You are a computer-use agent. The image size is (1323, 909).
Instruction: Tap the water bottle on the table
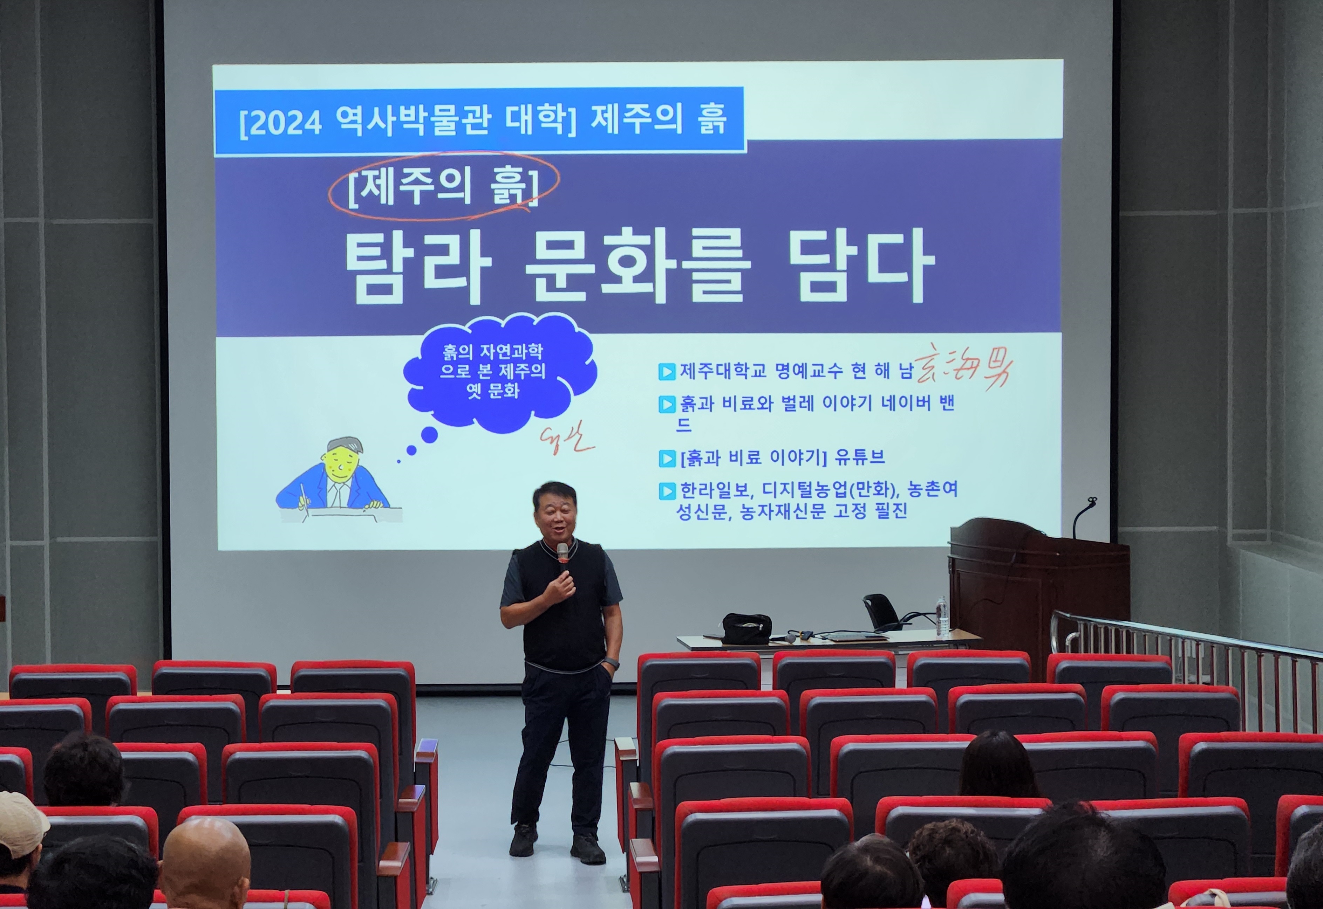pos(942,616)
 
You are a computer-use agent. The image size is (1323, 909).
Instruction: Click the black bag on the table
pos(746,628)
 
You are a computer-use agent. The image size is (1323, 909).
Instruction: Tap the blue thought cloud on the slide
pos(496,371)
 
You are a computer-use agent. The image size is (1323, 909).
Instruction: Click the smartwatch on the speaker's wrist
pos(611,663)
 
